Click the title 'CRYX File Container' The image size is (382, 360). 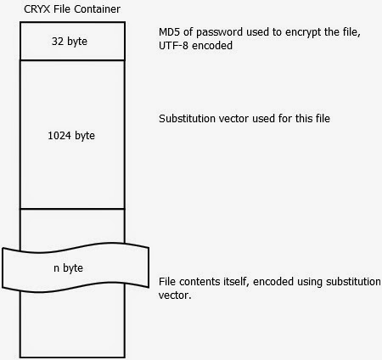(72, 9)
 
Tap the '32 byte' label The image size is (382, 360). (70, 42)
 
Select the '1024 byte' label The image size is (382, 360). (71, 136)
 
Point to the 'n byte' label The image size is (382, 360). (68, 267)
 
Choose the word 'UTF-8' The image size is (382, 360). (173, 45)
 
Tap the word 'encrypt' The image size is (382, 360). (303, 32)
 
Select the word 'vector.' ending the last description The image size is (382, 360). (175, 295)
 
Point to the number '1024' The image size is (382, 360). (59, 136)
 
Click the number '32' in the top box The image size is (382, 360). (58, 42)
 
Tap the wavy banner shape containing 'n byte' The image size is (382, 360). (76, 247)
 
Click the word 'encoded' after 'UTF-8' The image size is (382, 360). (212, 45)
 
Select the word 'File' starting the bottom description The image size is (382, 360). (167, 282)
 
